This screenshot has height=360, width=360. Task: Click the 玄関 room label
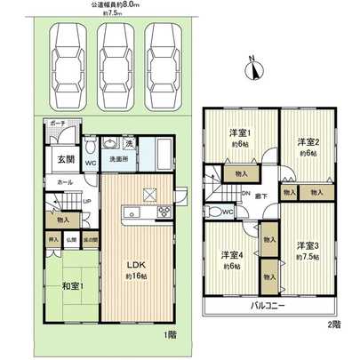pos(68,159)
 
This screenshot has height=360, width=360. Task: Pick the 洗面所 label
pos(117,159)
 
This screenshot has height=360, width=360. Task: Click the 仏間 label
pos(73,240)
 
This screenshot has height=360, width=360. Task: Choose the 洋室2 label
pos(308,142)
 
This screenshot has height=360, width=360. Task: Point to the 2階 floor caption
pos(332,324)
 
